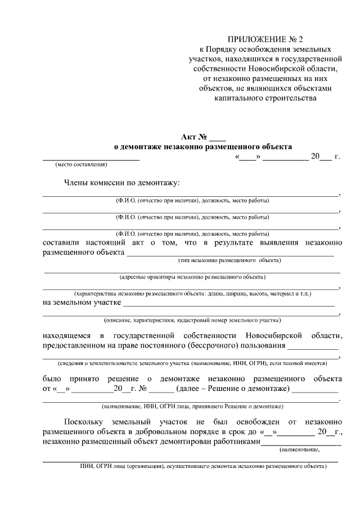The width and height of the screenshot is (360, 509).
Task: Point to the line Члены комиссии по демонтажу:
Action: (x=121, y=183)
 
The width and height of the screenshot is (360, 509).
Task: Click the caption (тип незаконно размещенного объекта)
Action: (x=229, y=260)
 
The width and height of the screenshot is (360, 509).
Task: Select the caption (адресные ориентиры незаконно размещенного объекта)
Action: (x=192, y=277)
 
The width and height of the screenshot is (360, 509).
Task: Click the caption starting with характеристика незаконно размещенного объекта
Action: (x=192, y=293)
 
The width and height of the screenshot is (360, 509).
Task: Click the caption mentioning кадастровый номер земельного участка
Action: (x=192, y=320)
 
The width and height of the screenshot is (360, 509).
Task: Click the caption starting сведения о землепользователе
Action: (x=192, y=364)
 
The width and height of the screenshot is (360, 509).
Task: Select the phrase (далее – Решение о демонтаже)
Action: (x=232, y=389)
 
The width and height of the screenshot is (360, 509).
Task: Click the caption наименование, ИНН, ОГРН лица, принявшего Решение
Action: (x=192, y=406)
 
